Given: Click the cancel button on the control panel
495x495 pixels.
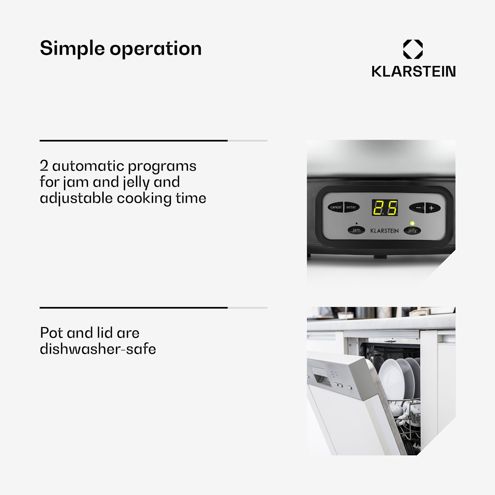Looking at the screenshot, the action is (x=335, y=207).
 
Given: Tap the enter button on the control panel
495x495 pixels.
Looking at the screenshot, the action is (x=351, y=207).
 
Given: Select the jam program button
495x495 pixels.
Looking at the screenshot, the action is (x=356, y=230).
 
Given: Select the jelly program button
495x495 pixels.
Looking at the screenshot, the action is (x=412, y=230).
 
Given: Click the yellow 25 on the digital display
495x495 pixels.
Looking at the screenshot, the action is (x=385, y=208).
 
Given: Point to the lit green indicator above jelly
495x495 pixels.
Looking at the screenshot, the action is (x=412, y=223).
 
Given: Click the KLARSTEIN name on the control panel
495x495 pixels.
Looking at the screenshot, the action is (x=384, y=231).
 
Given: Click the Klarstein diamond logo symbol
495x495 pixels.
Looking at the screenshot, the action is (x=413, y=49).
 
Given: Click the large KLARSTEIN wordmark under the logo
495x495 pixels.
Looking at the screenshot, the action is (x=413, y=71).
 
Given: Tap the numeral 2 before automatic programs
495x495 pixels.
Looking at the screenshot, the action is (x=44, y=165).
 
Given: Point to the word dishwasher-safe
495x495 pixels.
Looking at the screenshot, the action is (x=98, y=349).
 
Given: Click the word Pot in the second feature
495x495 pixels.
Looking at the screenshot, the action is (x=51, y=333).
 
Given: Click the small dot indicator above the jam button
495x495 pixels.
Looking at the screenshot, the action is (x=356, y=223).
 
